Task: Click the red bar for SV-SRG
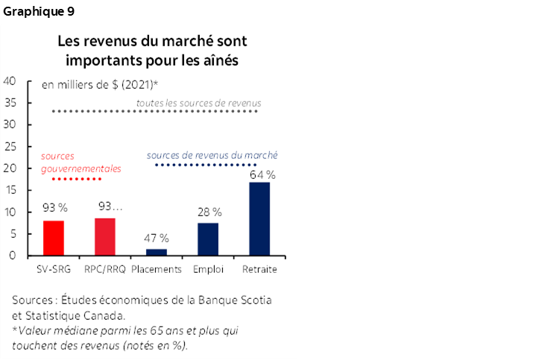54,238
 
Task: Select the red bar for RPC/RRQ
105,236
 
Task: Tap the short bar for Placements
157,252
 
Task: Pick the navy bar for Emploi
208,239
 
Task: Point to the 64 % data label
262,174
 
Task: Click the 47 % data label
156,239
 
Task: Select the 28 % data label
209,212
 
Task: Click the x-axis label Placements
157,269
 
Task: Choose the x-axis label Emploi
208,269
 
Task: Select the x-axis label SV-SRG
54,269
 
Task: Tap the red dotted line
70,180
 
